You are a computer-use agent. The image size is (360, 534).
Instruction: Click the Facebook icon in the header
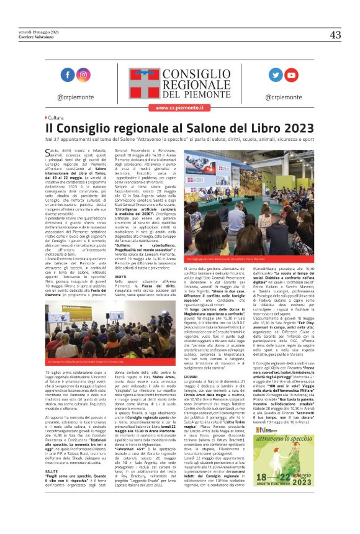click(x=66, y=75)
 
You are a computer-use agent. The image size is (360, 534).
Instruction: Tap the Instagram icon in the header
click(x=83, y=75)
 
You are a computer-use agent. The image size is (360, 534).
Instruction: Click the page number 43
click(x=335, y=35)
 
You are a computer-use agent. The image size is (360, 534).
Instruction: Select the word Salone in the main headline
click(x=199, y=128)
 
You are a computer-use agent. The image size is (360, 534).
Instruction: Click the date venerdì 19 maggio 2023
click(x=38, y=30)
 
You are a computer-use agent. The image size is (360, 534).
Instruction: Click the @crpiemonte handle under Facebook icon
click(x=74, y=97)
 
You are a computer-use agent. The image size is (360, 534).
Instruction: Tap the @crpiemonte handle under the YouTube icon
click(x=283, y=97)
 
